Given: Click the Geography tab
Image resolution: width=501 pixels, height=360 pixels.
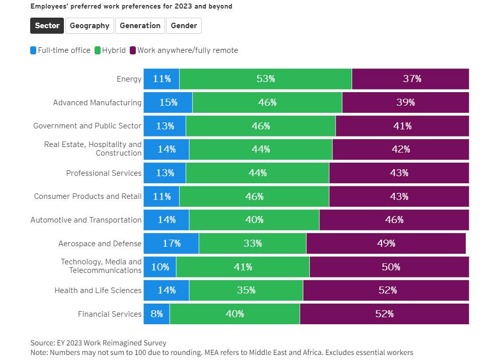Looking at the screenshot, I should (90, 26).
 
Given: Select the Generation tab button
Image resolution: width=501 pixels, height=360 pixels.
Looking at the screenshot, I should (140, 26).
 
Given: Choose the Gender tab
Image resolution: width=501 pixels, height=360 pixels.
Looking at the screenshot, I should (184, 26).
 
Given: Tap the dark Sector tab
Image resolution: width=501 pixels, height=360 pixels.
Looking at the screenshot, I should (47, 26).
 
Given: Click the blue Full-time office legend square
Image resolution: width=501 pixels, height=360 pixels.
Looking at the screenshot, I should (34, 50).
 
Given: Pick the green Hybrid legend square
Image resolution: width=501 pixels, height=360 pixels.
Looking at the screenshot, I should (98, 50).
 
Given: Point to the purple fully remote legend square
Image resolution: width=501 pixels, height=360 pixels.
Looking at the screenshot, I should (133, 50).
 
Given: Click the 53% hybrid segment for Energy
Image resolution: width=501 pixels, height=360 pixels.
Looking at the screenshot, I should (266, 79).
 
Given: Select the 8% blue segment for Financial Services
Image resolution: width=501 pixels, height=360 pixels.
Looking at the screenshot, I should (156, 314).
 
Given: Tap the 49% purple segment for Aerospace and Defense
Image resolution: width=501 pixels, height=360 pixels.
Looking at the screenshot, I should (386, 243).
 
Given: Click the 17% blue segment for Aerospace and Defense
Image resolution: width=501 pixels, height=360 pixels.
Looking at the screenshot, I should (171, 243).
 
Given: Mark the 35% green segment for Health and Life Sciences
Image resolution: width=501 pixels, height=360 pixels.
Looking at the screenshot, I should (246, 291).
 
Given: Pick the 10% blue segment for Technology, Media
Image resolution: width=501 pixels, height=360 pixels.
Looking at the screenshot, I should (160, 267).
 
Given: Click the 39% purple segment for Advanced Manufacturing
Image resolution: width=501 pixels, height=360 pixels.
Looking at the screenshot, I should (405, 102).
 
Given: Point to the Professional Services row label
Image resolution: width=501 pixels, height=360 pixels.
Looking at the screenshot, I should (104, 173).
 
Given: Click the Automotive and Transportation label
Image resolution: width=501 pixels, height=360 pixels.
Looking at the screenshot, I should (86, 220).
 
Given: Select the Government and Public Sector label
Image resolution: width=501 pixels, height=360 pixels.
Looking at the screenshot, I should (88, 126).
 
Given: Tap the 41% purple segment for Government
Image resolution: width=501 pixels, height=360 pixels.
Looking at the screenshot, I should (402, 126).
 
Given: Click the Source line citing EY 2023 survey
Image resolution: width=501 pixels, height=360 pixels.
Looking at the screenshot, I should (98, 343).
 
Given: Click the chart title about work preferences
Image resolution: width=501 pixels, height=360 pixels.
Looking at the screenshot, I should (131, 7).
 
